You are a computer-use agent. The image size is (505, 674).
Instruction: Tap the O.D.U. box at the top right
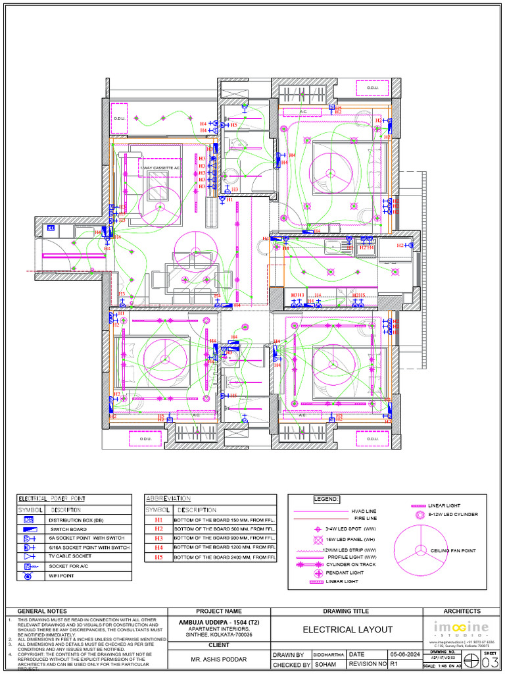click(373, 88)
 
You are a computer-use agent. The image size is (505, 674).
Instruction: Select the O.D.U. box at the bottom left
click(140, 439)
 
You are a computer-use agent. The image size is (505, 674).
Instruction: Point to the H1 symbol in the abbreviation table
click(158, 520)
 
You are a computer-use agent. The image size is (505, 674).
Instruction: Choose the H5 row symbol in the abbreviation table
click(158, 557)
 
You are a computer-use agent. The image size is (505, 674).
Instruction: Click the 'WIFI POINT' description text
click(62, 576)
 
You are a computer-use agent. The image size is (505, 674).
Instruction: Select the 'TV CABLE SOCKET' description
click(71, 556)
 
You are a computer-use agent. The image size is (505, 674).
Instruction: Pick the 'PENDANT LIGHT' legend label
click(345, 573)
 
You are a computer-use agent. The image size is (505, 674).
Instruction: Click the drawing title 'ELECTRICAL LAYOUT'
click(347, 630)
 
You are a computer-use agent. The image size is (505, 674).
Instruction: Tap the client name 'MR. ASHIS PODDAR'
click(219, 658)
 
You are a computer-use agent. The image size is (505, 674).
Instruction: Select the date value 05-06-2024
click(404, 655)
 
